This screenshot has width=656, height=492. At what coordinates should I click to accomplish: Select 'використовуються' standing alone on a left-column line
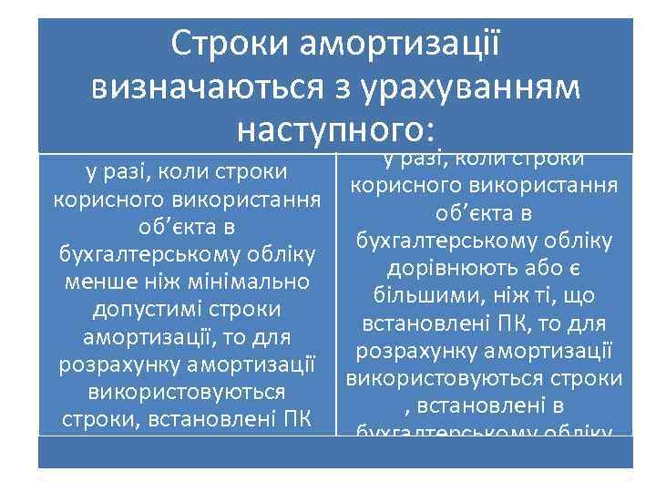tap(187, 393)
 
